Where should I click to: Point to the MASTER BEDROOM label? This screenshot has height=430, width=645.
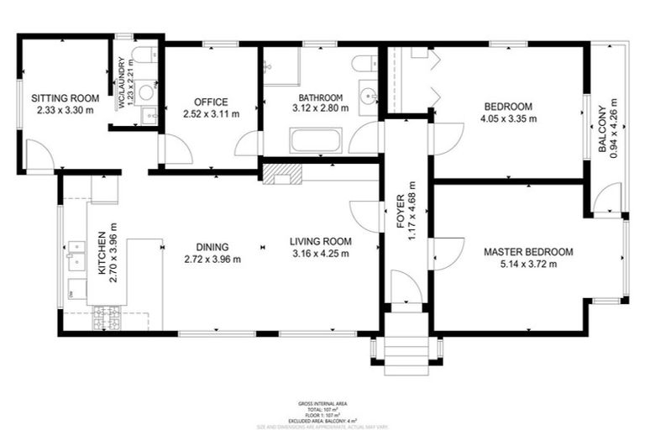(528, 252)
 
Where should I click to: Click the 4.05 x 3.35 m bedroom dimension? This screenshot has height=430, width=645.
(508, 118)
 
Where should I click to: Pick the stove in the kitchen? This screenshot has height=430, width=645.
(107, 317)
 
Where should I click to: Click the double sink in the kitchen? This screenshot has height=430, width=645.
(76, 254)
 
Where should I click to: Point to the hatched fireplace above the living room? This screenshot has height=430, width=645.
(281, 174)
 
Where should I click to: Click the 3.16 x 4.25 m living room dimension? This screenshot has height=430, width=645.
(321, 254)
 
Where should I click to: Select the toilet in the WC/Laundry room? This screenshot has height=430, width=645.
(144, 55)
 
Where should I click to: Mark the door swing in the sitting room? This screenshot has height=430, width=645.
(39, 156)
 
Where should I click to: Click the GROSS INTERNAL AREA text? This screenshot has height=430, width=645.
(322, 404)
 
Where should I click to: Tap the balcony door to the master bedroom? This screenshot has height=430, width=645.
(606, 199)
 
